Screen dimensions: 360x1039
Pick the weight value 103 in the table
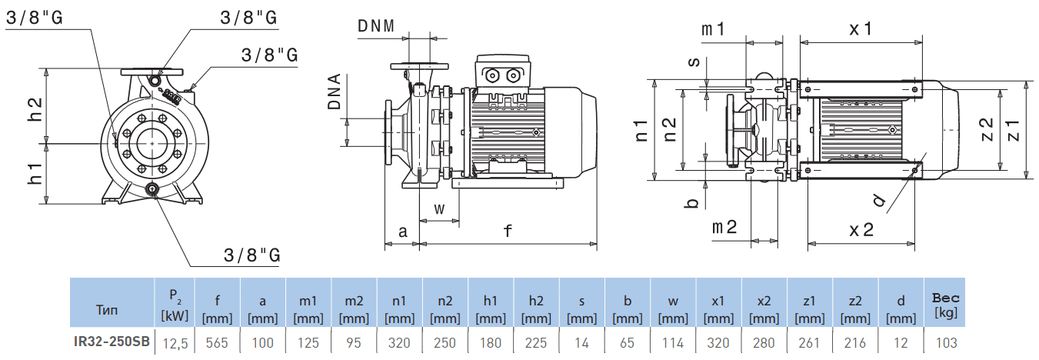point(946,342)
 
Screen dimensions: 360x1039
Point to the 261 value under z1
point(809,342)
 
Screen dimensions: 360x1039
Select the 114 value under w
point(672,342)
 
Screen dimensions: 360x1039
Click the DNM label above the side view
point(376,25)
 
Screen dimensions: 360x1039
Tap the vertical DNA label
point(335,92)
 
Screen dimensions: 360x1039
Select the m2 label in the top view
point(724,227)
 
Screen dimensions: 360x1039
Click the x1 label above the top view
point(860,28)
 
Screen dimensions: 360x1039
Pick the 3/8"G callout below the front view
point(251,255)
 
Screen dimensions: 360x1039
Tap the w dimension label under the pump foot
point(439,208)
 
